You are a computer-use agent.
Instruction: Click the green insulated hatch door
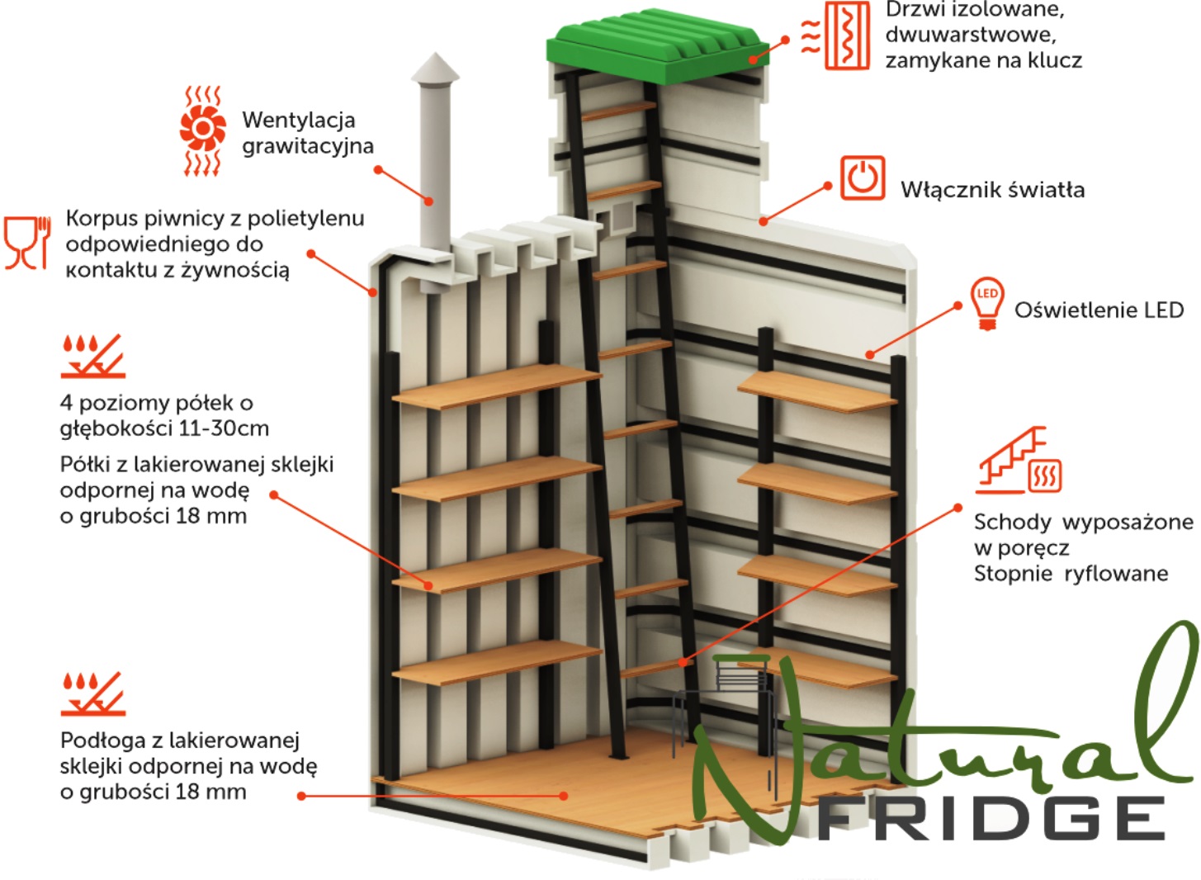(x=657, y=47)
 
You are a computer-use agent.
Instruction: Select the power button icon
(x=862, y=177)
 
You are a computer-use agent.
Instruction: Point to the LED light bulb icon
(x=987, y=303)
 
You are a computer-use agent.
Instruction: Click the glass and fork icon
(x=26, y=243)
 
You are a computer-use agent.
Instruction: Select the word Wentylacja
(x=299, y=121)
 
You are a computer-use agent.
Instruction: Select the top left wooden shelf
(x=497, y=386)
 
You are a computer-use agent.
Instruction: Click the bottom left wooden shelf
(x=497, y=663)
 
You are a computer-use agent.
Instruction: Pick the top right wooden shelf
(x=818, y=391)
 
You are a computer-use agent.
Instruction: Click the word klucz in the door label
(x=1055, y=60)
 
